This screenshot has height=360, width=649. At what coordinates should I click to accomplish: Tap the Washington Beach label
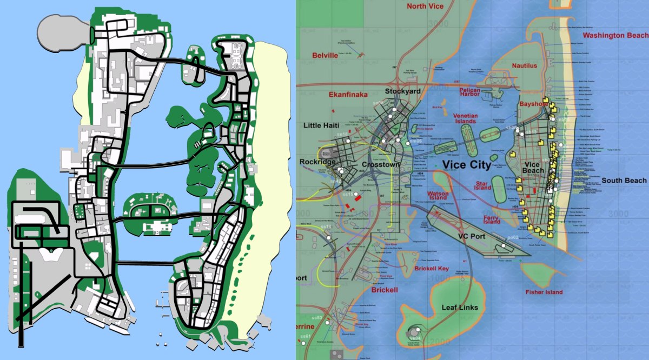point(615,36)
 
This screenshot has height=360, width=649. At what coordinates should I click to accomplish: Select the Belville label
point(325,56)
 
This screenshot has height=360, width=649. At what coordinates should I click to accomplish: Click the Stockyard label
point(402,91)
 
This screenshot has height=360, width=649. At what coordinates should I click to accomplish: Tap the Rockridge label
point(317,162)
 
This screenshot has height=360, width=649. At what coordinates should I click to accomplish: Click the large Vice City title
point(466,165)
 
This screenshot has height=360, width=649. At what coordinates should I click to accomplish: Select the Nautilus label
point(525,66)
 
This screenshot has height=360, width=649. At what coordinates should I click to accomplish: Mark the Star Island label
point(483,186)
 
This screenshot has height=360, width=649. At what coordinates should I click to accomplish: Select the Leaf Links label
point(460,308)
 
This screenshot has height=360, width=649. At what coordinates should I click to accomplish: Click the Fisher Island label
point(544,292)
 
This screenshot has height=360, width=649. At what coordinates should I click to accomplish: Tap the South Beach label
point(624,181)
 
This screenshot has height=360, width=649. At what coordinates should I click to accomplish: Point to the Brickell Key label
point(432,269)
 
